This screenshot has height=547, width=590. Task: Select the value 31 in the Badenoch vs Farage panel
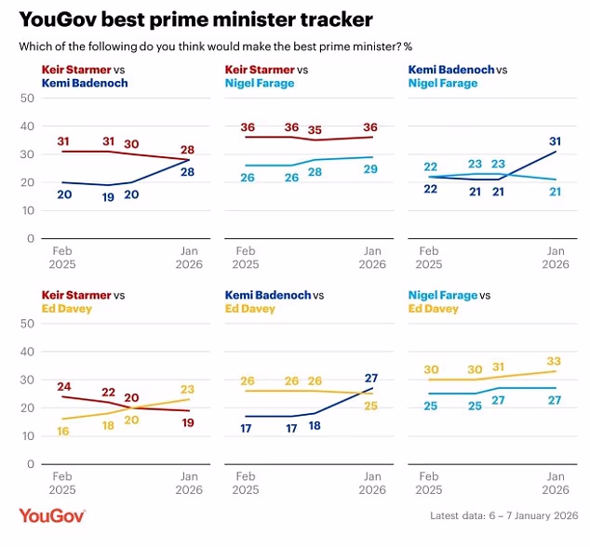pyautogui.click(x=556, y=140)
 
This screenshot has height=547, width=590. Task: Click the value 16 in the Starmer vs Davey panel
pyautogui.click(x=64, y=432)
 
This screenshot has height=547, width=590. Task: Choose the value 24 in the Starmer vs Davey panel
pyautogui.click(x=64, y=386)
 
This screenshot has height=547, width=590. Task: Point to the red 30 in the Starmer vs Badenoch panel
pyautogui.click(x=132, y=143)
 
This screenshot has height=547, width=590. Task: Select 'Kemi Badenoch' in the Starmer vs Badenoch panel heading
pyautogui.click(x=84, y=83)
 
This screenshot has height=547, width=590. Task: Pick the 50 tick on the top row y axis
pyautogui.click(x=27, y=98)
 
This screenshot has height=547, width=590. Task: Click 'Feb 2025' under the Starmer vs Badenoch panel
pyautogui.click(x=62, y=258)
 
